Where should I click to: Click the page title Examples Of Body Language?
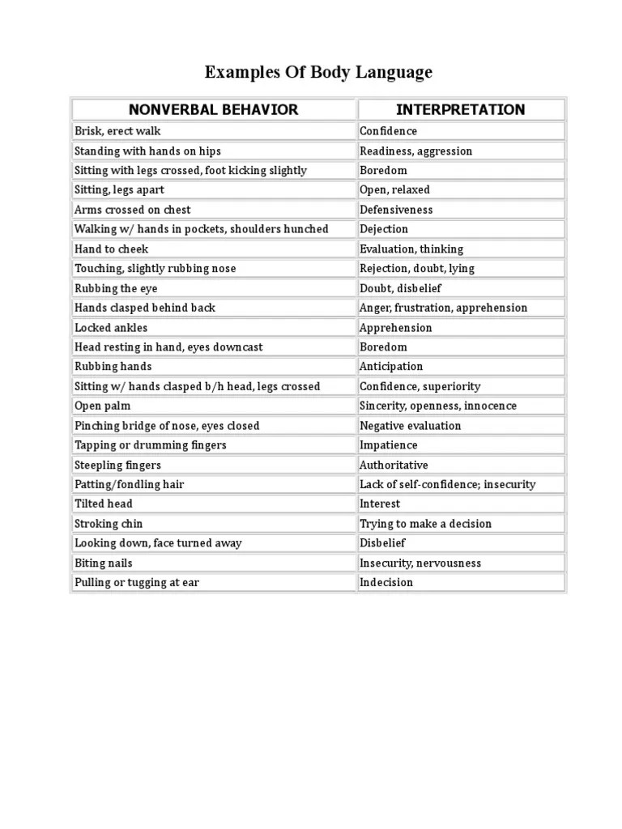(x=318, y=72)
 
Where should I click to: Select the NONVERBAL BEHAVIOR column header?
(x=214, y=109)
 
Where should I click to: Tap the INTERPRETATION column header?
(x=460, y=109)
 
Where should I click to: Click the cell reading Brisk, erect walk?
(x=117, y=131)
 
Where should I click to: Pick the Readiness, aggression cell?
(x=415, y=151)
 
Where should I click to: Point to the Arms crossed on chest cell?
(x=132, y=210)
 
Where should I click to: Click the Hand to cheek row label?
(x=111, y=249)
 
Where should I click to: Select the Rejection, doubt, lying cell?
(x=417, y=268)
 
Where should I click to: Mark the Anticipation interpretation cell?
(x=391, y=367)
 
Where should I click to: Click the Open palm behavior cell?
(x=102, y=406)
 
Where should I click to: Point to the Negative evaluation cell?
(x=410, y=425)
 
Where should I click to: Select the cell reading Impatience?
(x=389, y=445)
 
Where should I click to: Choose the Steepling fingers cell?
(x=117, y=465)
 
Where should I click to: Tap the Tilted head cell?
(x=104, y=504)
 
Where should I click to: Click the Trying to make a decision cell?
(x=425, y=524)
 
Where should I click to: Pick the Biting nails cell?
(x=104, y=563)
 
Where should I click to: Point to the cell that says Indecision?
(x=386, y=582)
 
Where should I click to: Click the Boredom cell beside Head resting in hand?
(x=383, y=346)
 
